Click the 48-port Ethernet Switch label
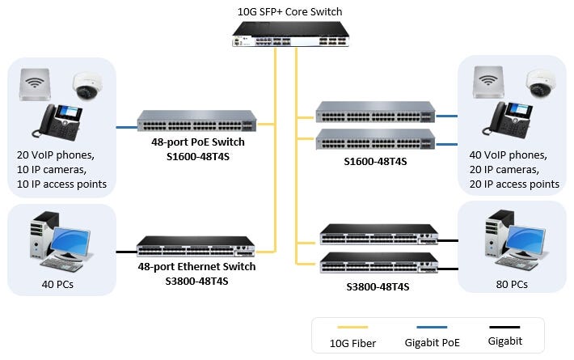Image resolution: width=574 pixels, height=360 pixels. click(196, 267)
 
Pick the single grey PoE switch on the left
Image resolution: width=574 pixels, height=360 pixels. click(196, 121)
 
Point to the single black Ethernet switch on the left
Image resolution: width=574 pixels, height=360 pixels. click(196, 247)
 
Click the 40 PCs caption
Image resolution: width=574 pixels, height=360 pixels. click(60, 284)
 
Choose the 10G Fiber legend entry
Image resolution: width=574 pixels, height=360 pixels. click(353, 343)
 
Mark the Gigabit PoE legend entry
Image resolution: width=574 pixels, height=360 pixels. click(433, 343)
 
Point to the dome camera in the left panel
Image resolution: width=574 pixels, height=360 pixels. click(86, 84)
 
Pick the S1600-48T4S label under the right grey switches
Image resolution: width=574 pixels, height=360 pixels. click(376, 161)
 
